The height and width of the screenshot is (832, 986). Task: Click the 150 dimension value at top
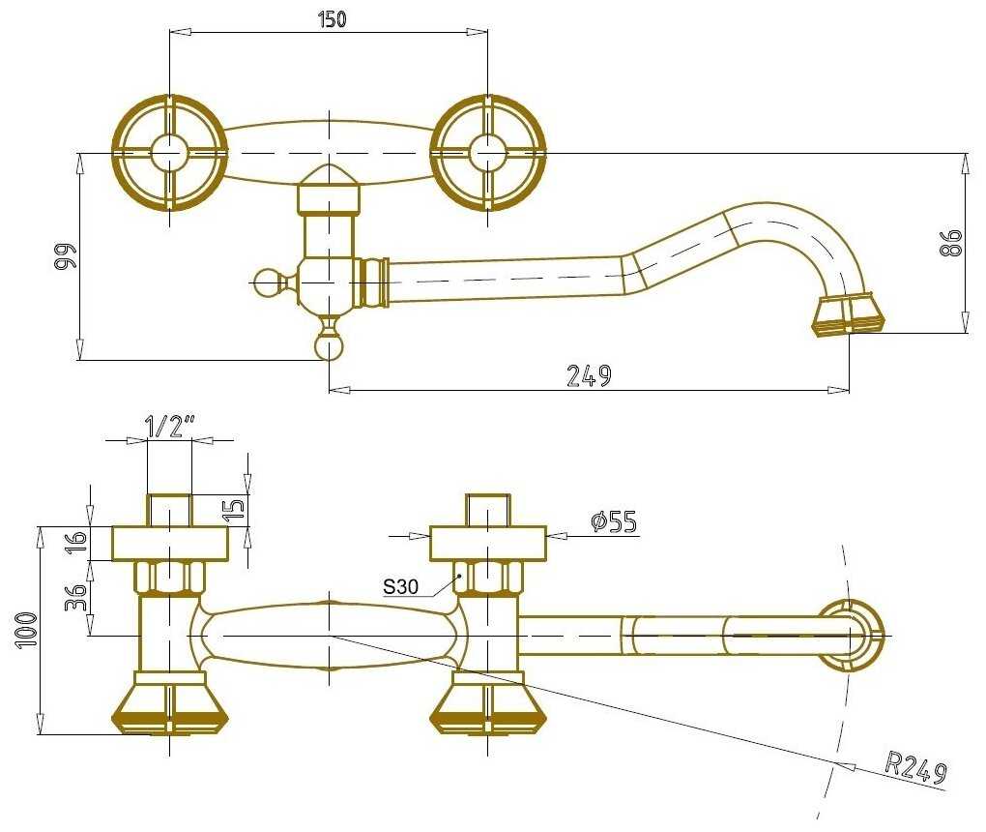tap(331, 19)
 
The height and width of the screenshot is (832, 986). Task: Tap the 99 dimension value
tap(64, 256)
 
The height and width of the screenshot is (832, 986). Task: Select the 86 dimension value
tap(952, 242)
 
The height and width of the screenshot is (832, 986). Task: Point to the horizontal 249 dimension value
tap(589, 375)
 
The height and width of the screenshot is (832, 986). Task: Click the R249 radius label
tap(915, 768)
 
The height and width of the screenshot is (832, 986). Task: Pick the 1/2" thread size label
tap(170, 425)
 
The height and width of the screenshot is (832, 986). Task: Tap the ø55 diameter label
tap(614, 522)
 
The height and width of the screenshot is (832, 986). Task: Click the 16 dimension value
tap(78, 542)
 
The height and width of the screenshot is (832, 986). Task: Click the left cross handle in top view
tap(170, 153)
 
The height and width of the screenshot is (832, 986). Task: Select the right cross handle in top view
tap(488, 153)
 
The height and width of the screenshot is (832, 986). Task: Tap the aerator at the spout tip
tap(849, 315)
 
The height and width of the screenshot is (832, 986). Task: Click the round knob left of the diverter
tap(265, 282)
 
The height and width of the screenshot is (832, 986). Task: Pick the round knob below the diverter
tap(329, 345)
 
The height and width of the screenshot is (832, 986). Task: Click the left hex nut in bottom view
tap(169, 578)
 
